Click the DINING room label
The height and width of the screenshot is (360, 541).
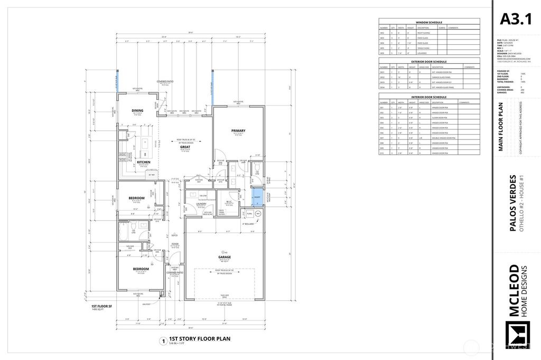pos(137,110)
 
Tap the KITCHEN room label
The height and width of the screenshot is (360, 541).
pos(144,162)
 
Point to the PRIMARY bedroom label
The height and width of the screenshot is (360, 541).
pos(238,130)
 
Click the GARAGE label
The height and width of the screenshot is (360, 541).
pos(224,257)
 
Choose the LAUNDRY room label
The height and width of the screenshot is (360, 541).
pos(201,204)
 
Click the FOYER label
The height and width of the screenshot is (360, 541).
pos(174,244)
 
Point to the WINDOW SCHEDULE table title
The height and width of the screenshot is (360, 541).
pos(429,23)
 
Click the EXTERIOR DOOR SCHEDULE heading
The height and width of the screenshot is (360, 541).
pos(429,62)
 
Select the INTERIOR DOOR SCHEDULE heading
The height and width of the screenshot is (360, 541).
pos(429,97)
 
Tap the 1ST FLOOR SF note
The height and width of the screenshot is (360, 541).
pos(99,306)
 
